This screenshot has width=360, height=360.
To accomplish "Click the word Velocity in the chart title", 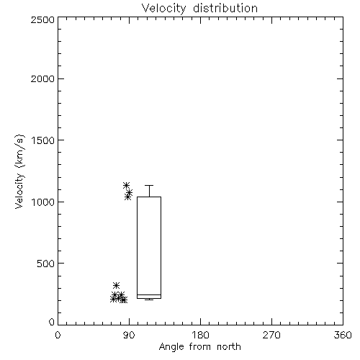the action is (x=163, y=9).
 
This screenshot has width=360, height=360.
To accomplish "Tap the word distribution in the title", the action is (x=225, y=8).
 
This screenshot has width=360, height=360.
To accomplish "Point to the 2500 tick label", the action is (x=42, y=19).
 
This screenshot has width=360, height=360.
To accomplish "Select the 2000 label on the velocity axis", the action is (x=42, y=79).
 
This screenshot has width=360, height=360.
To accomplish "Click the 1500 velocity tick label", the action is (x=43, y=140).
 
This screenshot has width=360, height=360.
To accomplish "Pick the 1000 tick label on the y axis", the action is (x=43, y=202).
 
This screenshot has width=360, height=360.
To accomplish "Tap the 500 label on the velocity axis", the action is (x=46, y=264).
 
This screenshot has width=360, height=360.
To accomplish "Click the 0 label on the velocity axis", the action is (x=52, y=322).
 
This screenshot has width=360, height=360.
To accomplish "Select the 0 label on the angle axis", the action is (x=58, y=335).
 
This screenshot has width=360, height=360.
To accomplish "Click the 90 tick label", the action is (x=129, y=335).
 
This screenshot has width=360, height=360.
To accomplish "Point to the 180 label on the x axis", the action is (x=200, y=335).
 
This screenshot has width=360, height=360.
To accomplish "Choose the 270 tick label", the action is (x=271, y=335).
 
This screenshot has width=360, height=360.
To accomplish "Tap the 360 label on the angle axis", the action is (x=343, y=335).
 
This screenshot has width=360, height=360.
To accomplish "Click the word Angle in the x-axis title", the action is (x=171, y=347).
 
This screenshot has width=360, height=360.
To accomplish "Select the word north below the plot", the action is (x=229, y=347).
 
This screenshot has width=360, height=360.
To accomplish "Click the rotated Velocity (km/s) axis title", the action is (x=19, y=171).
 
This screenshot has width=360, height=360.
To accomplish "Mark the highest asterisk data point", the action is (x=126, y=185).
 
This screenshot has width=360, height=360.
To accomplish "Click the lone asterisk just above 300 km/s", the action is (x=116, y=285).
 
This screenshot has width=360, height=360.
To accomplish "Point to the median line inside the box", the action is (x=149, y=294).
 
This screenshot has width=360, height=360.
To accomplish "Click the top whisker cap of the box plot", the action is (x=149, y=185).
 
